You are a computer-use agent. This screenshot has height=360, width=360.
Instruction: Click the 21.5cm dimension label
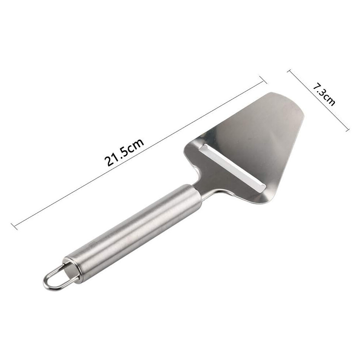tap(124, 152)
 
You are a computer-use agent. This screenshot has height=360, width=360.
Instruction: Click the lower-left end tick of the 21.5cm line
tap(14, 226)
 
